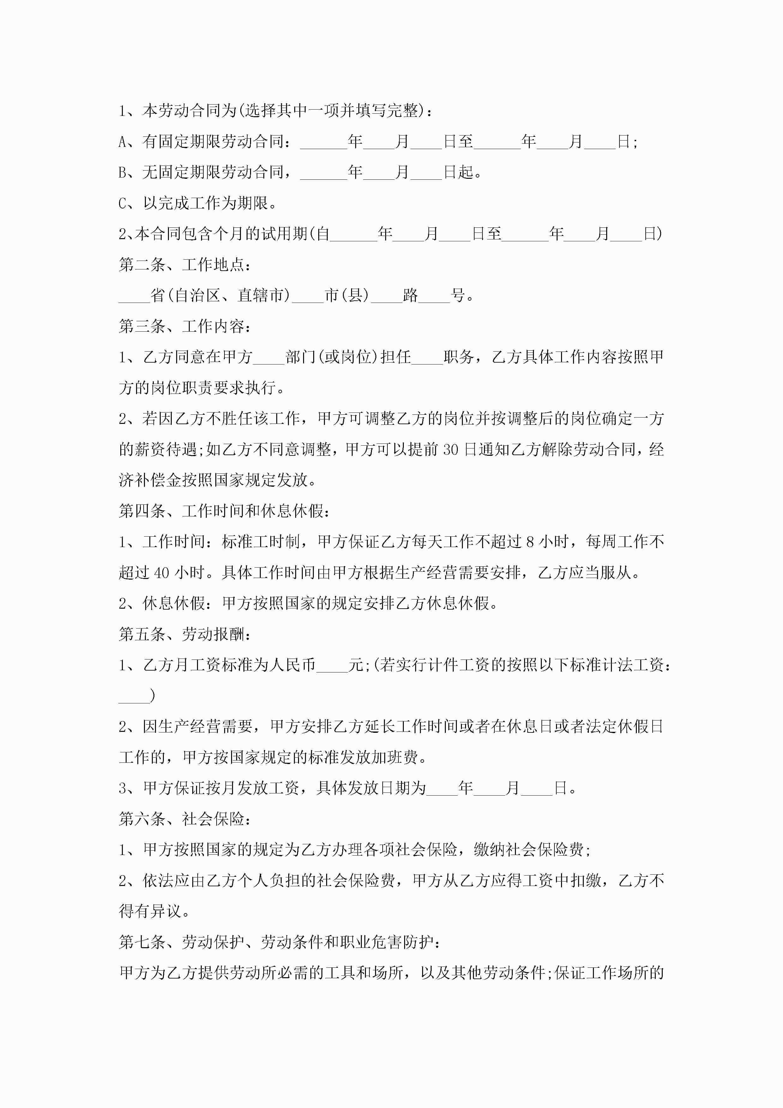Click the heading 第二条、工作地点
click(x=184, y=264)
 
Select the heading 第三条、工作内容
click(x=184, y=326)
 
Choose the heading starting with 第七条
click(x=279, y=942)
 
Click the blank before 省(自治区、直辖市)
click(x=134, y=295)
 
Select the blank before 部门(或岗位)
click(x=269, y=357)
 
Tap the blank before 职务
click(x=427, y=357)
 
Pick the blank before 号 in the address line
click(x=434, y=295)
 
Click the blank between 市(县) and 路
click(x=386, y=295)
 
